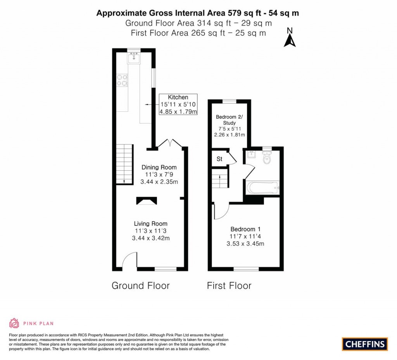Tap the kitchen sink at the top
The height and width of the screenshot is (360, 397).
tap(134, 58)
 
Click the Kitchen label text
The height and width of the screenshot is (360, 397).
tap(178, 97)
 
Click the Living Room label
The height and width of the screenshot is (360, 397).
tap(150, 223)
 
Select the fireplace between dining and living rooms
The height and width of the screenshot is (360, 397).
tap(146, 201)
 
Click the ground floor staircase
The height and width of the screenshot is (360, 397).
tap(123, 163)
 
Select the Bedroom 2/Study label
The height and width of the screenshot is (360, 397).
tap(229, 120)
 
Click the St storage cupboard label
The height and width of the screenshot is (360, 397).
tap(219, 159)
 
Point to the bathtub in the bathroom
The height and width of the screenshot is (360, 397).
tap(262, 187)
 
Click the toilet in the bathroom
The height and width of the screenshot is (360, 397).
tap(267, 158)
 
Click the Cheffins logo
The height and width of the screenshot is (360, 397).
tap(365, 344)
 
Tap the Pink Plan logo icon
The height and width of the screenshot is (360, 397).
tap(14, 323)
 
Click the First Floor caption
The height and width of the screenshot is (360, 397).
tap(229, 286)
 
